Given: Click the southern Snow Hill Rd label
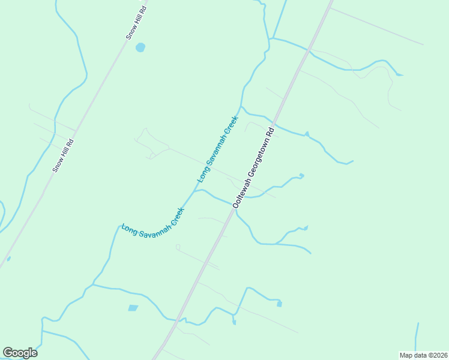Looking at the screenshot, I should coord(62,156).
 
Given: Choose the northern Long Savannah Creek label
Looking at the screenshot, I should coord(218,149).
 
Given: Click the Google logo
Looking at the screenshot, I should coord(20,353).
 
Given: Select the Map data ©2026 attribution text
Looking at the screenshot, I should coord(423,355).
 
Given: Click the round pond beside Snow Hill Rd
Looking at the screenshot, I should coord(140,47).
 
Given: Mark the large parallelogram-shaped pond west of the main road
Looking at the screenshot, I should coord(133,308).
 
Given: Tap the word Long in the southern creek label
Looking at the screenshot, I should coord(128,229).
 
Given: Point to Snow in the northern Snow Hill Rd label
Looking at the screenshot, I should coord(130,32).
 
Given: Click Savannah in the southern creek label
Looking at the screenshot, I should coord(152,226).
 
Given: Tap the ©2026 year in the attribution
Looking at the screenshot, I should coord(436,355).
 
